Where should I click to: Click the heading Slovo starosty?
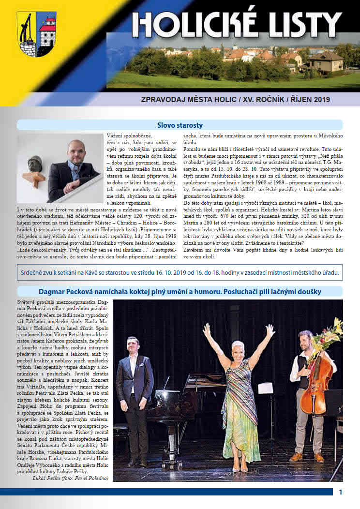coord(180,125)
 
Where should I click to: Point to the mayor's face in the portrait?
coord(76,153)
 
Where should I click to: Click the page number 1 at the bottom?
coord(341,493)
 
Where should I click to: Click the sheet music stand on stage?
coord(266,389)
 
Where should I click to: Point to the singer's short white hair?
coord(240,345)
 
